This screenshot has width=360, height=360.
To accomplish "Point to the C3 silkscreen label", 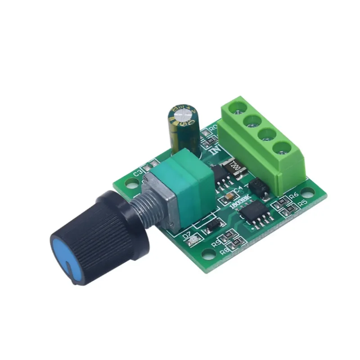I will click(139, 173).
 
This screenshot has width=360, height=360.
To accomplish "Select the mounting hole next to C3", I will click(131, 184).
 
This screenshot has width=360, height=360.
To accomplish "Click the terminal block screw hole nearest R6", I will click(280, 147).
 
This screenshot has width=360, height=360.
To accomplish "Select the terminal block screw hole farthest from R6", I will click(238, 107).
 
